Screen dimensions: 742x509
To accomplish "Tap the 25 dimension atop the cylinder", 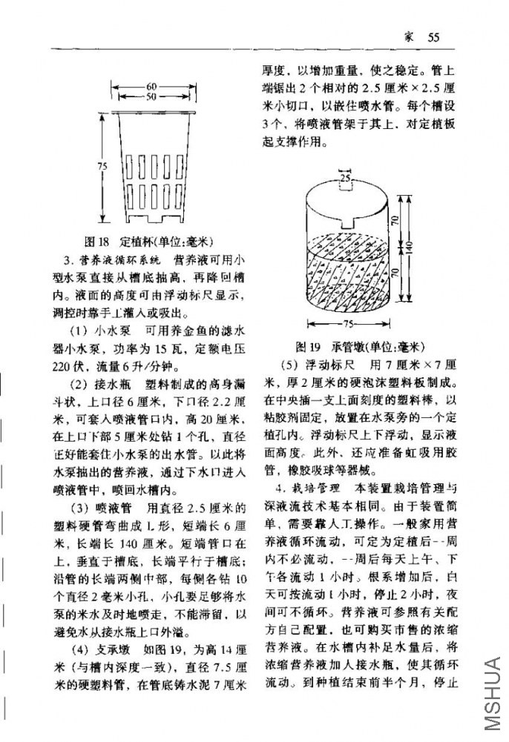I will pos(345,177).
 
